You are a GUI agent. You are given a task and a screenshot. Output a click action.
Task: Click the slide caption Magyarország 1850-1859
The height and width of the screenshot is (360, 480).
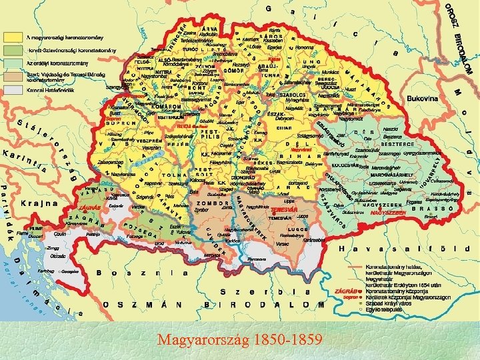click(x=239, y=341)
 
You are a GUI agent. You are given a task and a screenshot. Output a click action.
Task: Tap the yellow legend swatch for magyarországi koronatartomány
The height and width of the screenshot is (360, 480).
click(x=14, y=36)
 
